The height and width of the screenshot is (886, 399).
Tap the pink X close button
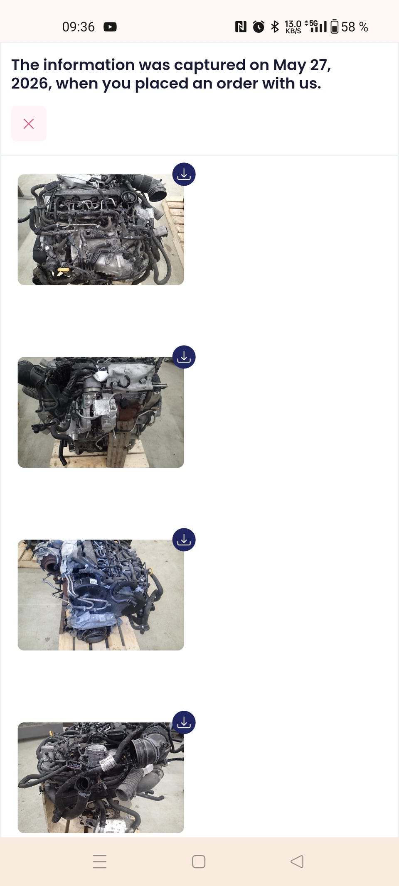29,124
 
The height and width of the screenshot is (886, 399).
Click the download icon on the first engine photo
184,174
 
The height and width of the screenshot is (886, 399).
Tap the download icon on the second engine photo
184,357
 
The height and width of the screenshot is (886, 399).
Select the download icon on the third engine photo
184,540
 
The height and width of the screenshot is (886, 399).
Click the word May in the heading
290,66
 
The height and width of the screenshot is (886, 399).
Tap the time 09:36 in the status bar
78,27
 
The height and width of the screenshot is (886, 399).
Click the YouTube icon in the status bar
110,27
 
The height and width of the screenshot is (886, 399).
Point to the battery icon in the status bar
335,27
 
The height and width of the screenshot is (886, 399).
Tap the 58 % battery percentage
355,27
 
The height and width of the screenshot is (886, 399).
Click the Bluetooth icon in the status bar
275,27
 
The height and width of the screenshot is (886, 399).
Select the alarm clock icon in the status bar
259,27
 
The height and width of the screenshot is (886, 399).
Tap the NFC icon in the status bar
241,27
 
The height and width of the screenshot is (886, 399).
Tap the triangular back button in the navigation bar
297,861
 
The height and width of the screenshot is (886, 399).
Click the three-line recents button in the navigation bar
100,861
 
